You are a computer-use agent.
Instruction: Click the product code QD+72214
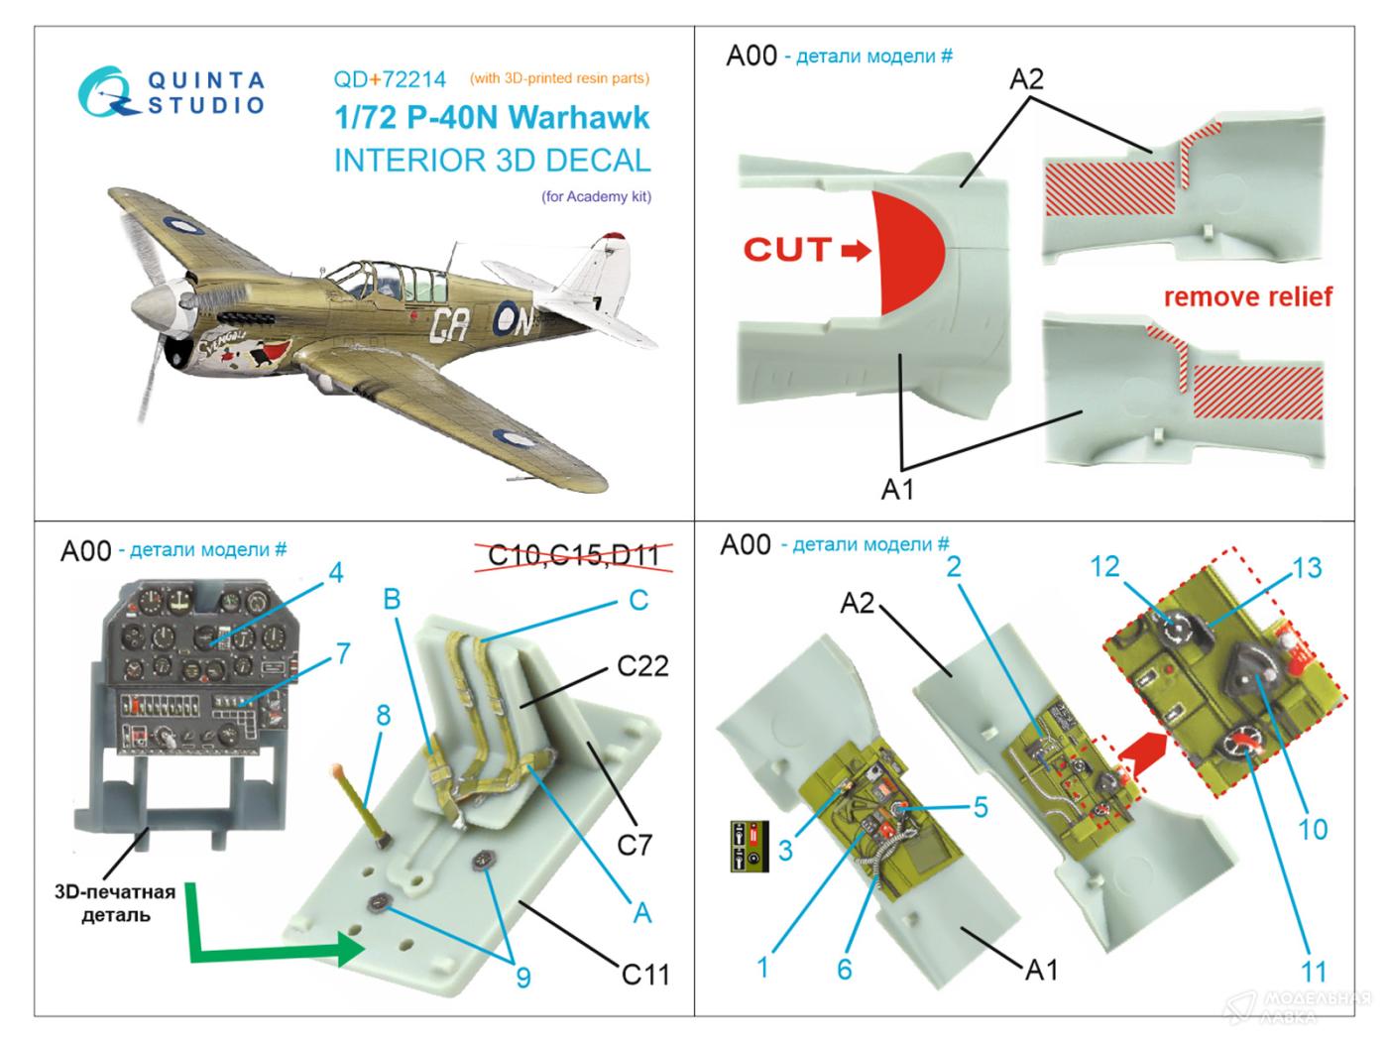(x=390, y=79)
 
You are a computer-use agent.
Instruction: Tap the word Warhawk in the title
(x=579, y=118)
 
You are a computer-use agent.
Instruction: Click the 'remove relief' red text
(x=1247, y=296)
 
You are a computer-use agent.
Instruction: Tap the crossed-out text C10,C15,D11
(x=574, y=554)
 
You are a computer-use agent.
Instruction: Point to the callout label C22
(x=642, y=666)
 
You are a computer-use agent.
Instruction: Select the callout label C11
(x=645, y=975)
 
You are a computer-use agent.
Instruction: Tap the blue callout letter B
(x=393, y=599)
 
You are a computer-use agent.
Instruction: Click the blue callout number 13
(x=1306, y=568)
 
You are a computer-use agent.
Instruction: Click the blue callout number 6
(x=844, y=969)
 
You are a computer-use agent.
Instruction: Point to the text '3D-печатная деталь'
(x=115, y=902)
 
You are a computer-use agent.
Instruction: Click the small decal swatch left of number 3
(x=750, y=846)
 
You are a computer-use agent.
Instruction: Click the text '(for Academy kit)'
(x=596, y=196)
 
